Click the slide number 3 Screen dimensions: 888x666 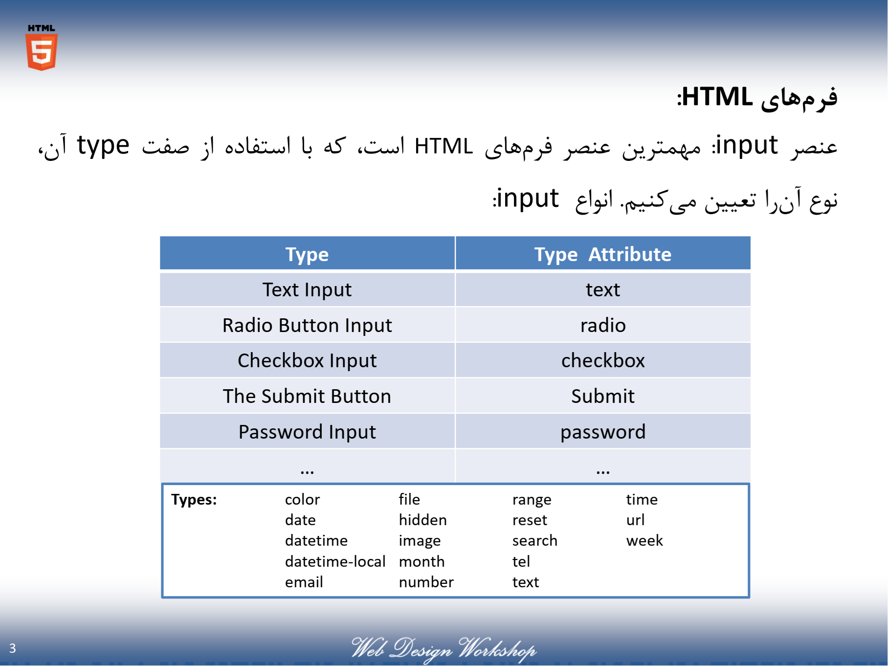click(x=13, y=648)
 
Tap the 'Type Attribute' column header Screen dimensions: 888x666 click(x=603, y=254)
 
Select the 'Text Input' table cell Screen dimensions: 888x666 click(x=307, y=289)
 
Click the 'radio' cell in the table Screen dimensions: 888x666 click(x=603, y=325)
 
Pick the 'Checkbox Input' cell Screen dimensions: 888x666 click(x=307, y=360)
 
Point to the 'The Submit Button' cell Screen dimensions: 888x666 click(x=307, y=396)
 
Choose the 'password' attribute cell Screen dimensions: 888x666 click(x=603, y=432)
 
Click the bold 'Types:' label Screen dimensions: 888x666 click(x=194, y=500)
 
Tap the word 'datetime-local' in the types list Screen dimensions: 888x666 click(x=335, y=561)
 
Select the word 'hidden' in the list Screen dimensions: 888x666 click(x=423, y=520)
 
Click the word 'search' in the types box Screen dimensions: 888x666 click(x=535, y=540)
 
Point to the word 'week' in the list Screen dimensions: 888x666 click(x=644, y=540)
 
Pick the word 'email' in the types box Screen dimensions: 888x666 click(x=304, y=582)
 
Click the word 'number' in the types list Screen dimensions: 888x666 click(x=426, y=582)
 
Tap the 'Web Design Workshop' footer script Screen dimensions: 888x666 click(x=444, y=649)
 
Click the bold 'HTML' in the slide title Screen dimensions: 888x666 click(x=717, y=96)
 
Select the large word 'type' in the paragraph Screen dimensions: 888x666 click(x=103, y=146)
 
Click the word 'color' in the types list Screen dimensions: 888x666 click(x=302, y=499)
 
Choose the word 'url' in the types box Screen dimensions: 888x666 click(x=635, y=520)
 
